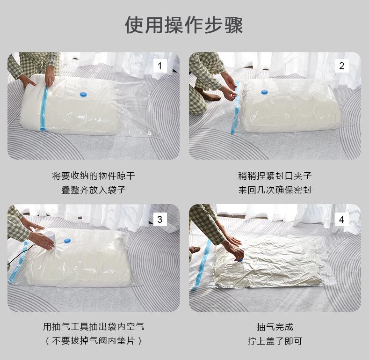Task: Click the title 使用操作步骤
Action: click(x=184, y=25)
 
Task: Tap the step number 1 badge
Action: click(x=160, y=66)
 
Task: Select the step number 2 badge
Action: click(x=341, y=66)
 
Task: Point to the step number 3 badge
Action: click(x=160, y=220)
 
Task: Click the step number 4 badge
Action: click(x=341, y=220)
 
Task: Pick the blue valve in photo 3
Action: click(x=67, y=241)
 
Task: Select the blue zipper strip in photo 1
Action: click(x=43, y=108)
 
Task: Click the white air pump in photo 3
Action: click(x=51, y=238)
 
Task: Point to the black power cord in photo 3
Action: click(x=16, y=257)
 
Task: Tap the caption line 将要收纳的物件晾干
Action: click(x=94, y=176)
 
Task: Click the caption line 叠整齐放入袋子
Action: click(x=94, y=190)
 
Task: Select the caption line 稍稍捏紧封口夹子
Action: click(x=275, y=176)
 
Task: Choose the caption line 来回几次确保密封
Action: click(x=275, y=190)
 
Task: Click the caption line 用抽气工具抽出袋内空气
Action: click(x=94, y=327)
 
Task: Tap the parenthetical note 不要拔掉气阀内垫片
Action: click(x=94, y=340)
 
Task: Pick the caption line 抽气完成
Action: click(x=275, y=327)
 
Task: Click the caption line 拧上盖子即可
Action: click(x=275, y=341)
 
